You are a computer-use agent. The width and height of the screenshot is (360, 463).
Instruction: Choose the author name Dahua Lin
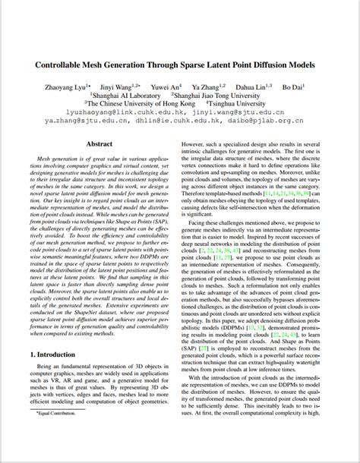click(257, 87)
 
